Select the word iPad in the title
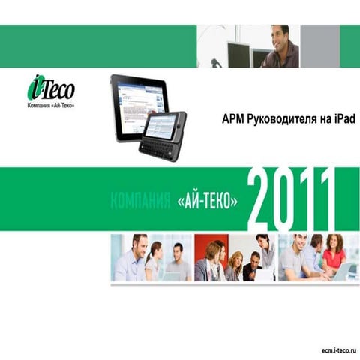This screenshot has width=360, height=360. pos(340,119)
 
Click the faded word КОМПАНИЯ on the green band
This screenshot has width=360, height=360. pos(140,202)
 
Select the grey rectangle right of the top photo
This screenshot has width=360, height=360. pos(319,46)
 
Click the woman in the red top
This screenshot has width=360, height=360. pos(334,253)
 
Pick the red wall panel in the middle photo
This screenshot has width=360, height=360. pos(203,247)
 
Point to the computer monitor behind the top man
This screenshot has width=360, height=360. pos(238,54)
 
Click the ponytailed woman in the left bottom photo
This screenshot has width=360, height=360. pos(154,259)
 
